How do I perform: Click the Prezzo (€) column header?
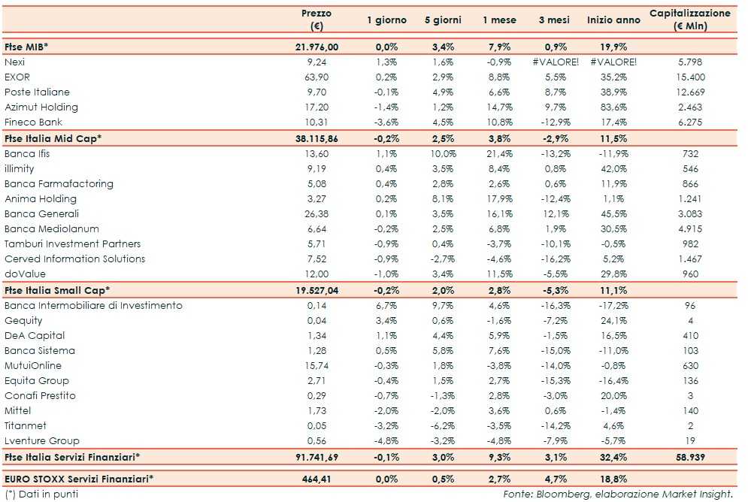[x=316, y=20]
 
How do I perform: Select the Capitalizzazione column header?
[x=689, y=20]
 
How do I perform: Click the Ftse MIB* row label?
[x=26, y=47]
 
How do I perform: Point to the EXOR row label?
[x=18, y=77]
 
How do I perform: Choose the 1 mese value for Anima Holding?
[x=501, y=198]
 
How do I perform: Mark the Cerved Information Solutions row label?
[x=72, y=259]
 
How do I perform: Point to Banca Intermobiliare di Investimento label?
[x=93, y=305]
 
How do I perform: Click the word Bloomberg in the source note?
[x=558, y=494]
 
